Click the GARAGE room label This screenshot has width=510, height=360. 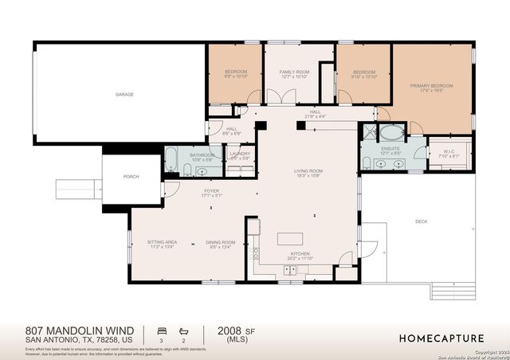click(x=124, y=94)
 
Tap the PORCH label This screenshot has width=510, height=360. click(x=131, y=176)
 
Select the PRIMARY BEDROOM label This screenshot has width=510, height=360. click(x=431, y=85)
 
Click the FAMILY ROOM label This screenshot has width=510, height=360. click(x=294, y=72)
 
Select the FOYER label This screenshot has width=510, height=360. click(x=211, y=190)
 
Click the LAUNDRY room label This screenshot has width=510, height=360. click(x=240, y=154)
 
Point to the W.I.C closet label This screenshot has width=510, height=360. click(x=449, y=151)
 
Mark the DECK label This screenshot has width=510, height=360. click(x=421, y=221)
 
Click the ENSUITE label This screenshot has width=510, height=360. click(x=390, y=148)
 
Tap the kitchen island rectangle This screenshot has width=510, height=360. click(x=289, y=239)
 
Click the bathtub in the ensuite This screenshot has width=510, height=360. click(x=391, y=131)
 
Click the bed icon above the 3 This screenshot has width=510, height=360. click(x=162, y=329)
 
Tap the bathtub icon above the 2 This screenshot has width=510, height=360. click(x=184, y=329)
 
